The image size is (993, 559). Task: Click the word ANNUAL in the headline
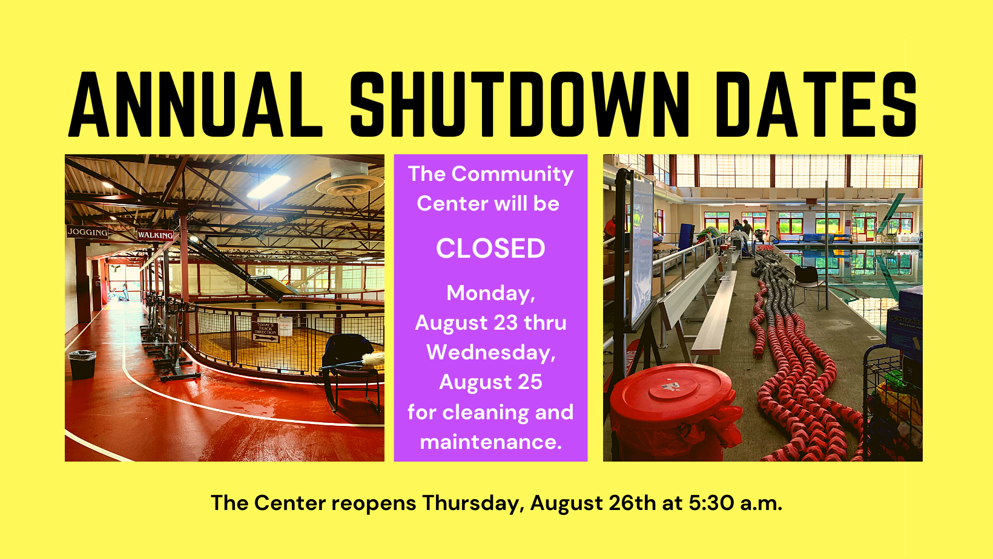coord(195,105)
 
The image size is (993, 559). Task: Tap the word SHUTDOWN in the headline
coord(520,105)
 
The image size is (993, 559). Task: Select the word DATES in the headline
coord(816,105)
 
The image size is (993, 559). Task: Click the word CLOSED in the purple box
coord(490,249)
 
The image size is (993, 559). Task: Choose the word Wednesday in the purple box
coord(490,353)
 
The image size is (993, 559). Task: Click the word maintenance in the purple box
coord(490,442)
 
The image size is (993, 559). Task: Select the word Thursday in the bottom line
coord(473,503)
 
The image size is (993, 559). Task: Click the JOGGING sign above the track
coord(88,232)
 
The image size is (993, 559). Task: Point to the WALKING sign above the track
coord(155,235)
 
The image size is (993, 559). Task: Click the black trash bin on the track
coord(82,364)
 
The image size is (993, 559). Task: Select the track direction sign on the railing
coord(265,331)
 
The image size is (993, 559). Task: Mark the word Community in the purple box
coord(512,174)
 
